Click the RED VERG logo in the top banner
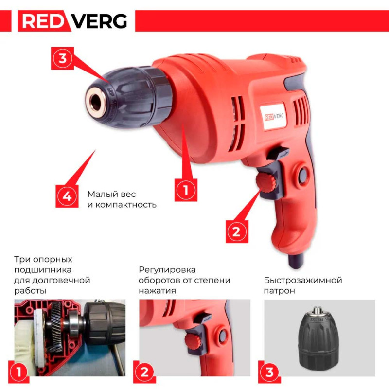pyautogui.click(x=72, y=21)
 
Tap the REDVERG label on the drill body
pyautogui.click(x=273, y=116)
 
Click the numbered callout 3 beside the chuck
pyautogui.click(x=63, y=58)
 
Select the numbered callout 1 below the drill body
pyautogui.click(x=186, y=190)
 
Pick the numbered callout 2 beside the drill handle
pyautogui.click(x=237, y=232)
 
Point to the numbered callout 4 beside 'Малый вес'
pyautogui.click(x=67, y=196)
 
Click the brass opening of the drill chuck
pyautogui.click(x=96, y=101)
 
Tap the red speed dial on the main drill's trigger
pyautogui.click(x=267, y=183)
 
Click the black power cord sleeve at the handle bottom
pyautogui.click(x=296, y=261)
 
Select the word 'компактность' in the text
pyautogui.click(x=126, y=205)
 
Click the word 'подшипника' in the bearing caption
pyautogui.click(x=43, y=270)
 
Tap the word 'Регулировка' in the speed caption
pyautogui.click(x=167, y=270)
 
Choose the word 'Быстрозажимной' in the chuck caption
pyautogui.click(x=303, y=281)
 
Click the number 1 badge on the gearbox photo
pyautogui.click(x=19, y=372)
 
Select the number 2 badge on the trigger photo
pyautogui.click(x=144, y=372)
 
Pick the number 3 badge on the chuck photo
pyautogui.click(x=269, y=372)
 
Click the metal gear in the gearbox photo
pyautogui.click(x=56, y=327)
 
